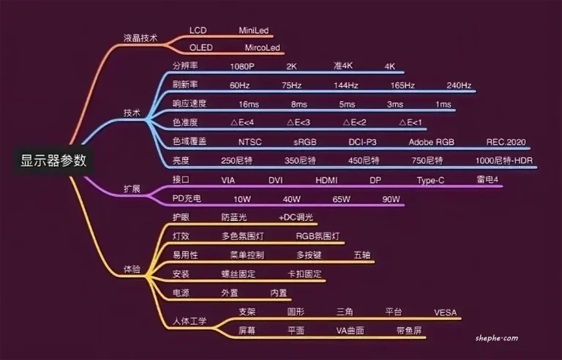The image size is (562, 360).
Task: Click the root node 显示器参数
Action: [53, 160]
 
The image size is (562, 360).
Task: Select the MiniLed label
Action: [254, 31]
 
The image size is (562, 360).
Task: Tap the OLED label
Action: [201, 48]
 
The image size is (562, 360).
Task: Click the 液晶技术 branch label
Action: [140, 38]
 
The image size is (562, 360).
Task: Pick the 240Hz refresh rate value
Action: [459, 86]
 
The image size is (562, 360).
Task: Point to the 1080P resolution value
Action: [242, 67]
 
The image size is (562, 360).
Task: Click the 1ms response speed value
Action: [443, 105]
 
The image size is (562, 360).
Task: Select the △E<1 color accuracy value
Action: [411, 123]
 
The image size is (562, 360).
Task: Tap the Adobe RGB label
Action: [432, 142]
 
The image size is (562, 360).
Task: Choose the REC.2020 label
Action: [506, 142]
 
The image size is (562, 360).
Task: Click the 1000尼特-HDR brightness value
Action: [504, 161]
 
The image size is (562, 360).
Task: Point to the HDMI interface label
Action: [326, 180]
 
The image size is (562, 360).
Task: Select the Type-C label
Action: [430, 180]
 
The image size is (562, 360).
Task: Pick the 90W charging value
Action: [391, 199]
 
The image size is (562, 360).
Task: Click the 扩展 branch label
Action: [132, 189]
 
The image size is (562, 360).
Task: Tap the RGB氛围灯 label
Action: [318, 236]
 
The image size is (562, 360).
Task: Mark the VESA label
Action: [446, 312]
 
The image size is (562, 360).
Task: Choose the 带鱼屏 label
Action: [409, 330]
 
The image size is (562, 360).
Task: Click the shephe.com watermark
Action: [497, 338]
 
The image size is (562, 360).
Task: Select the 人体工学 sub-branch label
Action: [190, 321]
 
